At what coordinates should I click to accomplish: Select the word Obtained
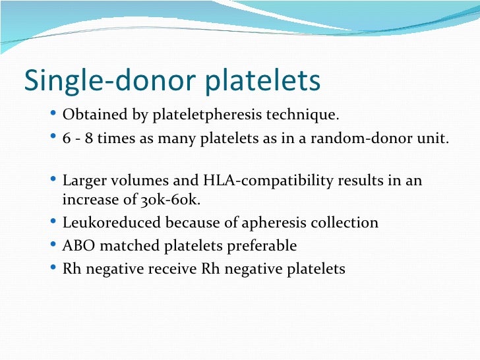click(x=91, y=115)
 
